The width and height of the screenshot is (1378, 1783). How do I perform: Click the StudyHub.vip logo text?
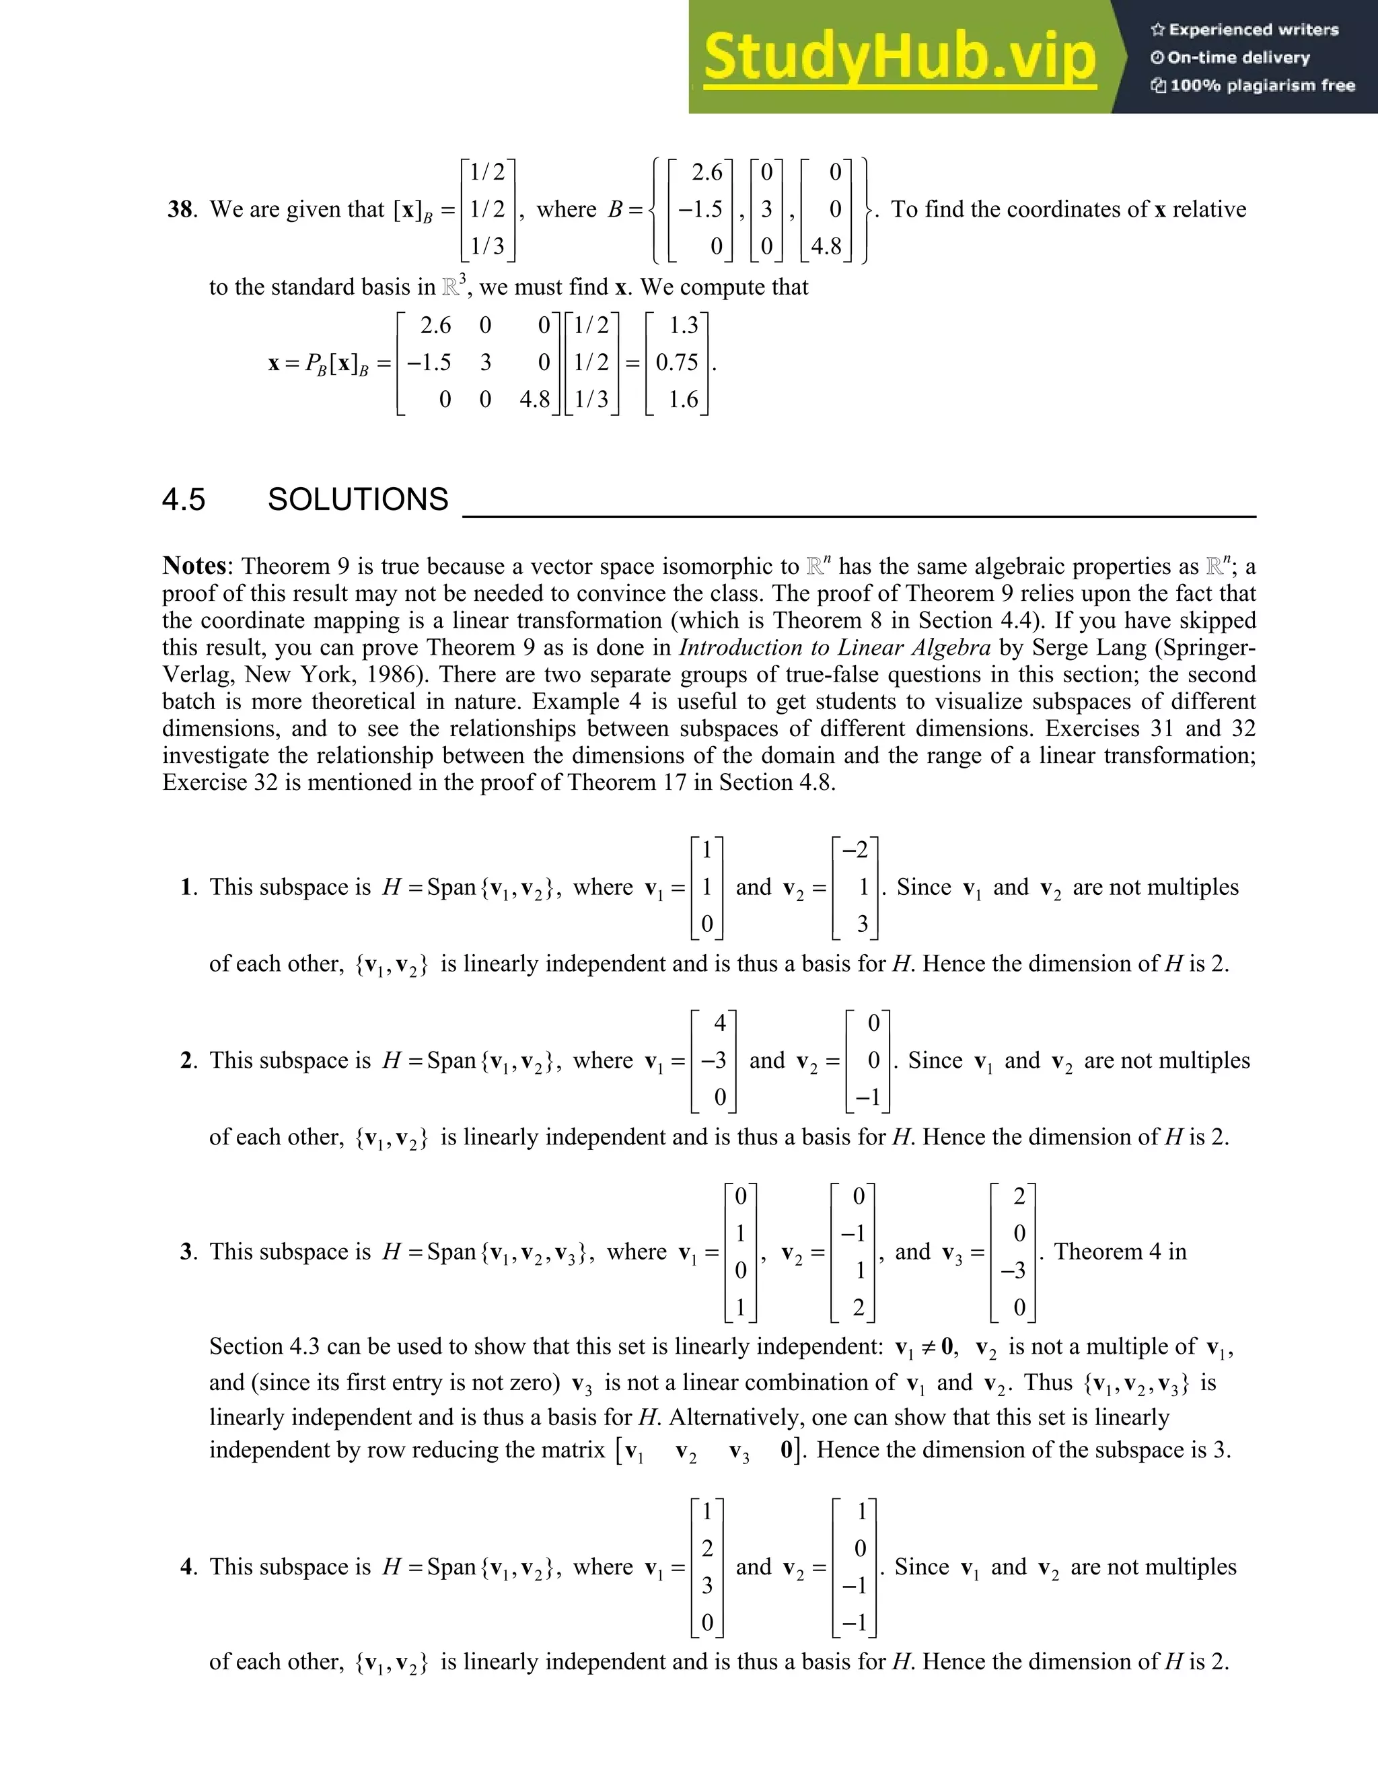pos(899,58)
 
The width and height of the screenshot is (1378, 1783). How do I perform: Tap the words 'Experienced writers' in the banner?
pos(1253,30)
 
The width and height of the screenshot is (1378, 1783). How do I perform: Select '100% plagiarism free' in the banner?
pos(1262,85)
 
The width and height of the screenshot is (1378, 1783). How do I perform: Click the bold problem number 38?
pos(180,209)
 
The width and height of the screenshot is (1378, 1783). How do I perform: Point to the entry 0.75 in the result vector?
pos(677,362)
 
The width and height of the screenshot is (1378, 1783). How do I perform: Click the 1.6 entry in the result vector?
pos(684,399)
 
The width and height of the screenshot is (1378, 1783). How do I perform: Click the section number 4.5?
pos(184,500)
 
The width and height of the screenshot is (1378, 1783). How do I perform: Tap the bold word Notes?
pos(194,566)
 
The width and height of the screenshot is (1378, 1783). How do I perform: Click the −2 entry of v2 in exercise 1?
pos(856,850)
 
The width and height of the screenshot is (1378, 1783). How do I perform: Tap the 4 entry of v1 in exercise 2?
pos(719,1023)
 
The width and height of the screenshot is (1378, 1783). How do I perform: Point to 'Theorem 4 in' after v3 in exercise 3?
pos(1120,1251)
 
